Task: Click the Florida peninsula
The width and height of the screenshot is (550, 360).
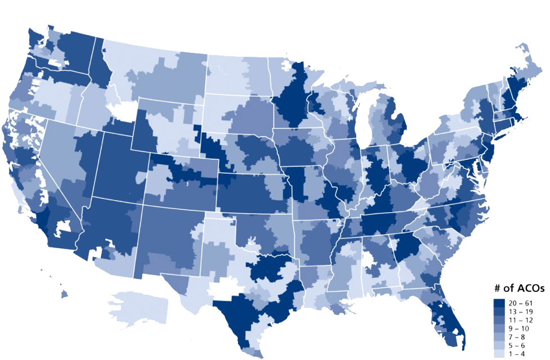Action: [x=444, y=315]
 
